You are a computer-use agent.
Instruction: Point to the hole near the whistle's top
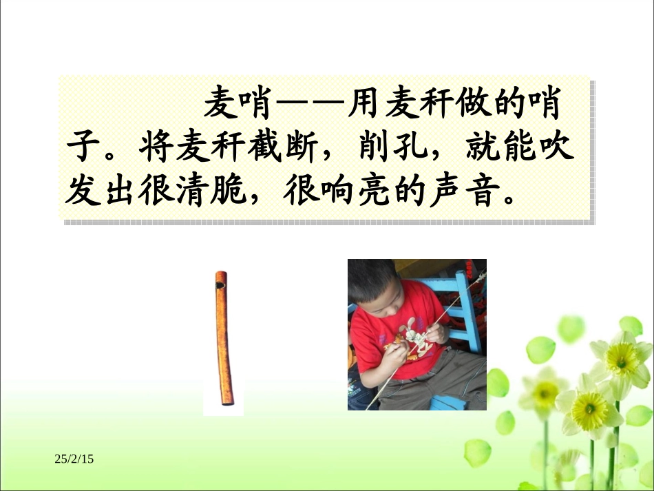pos(220,284)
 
